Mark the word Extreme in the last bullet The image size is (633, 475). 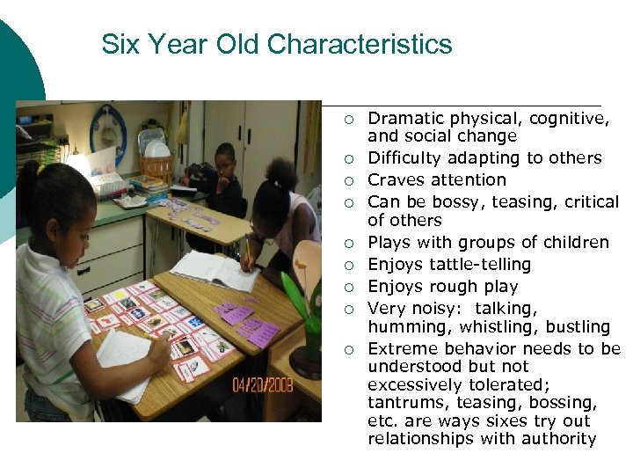(400, 348)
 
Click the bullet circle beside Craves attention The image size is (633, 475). (349, 180)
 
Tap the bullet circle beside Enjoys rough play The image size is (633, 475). (349, 287)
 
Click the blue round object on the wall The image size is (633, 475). (108, 131)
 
